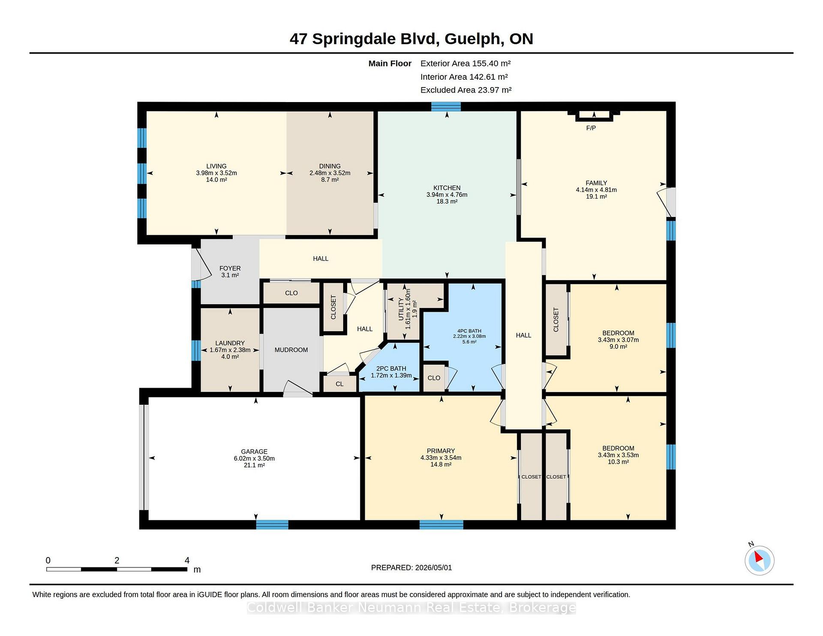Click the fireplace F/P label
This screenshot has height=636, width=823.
pyautogui.click(x=591, y=128)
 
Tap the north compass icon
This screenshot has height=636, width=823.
pyautogui.click(x=759, y=560)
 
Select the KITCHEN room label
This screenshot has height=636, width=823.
pyautogui.click(x=447, y=188)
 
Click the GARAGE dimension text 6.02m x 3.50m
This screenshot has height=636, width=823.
pyautogui.click(x=254, y=458)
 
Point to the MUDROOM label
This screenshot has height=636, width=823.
pyautogui.click(x=291, y=350)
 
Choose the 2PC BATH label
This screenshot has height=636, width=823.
pyautogui.click(x=391, y=368)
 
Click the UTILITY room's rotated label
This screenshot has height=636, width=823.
pyautogui.click(x=401, y=309)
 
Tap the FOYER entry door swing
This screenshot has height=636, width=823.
pyautogui.click(x=201, y=264)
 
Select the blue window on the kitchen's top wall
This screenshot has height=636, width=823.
pyautogui.click(x=446, y=106)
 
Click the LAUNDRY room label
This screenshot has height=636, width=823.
pyautogui.click(x=230, y=343)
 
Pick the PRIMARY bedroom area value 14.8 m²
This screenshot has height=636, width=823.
pyautogui.click(x=441, y=464)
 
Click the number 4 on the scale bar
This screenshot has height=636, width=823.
pyautogui.click(x=187, y=560)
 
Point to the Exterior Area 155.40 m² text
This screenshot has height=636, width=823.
pyautogui.click(x=466, y=63)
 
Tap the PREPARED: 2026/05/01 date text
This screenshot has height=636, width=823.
pyautogui.click(x=411, y=567)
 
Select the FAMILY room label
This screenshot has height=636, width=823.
pyautogui.click(x=596, y=183)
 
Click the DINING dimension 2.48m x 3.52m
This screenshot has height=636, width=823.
pyautogui.click(x=330, y=173)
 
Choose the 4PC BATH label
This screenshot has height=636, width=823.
pyautogui.click(x=469, y=331)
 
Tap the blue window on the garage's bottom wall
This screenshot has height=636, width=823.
pyautogui.click(x=272, y=524)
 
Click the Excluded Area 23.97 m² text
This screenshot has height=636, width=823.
pyautogui.click(x=466, y=90)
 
